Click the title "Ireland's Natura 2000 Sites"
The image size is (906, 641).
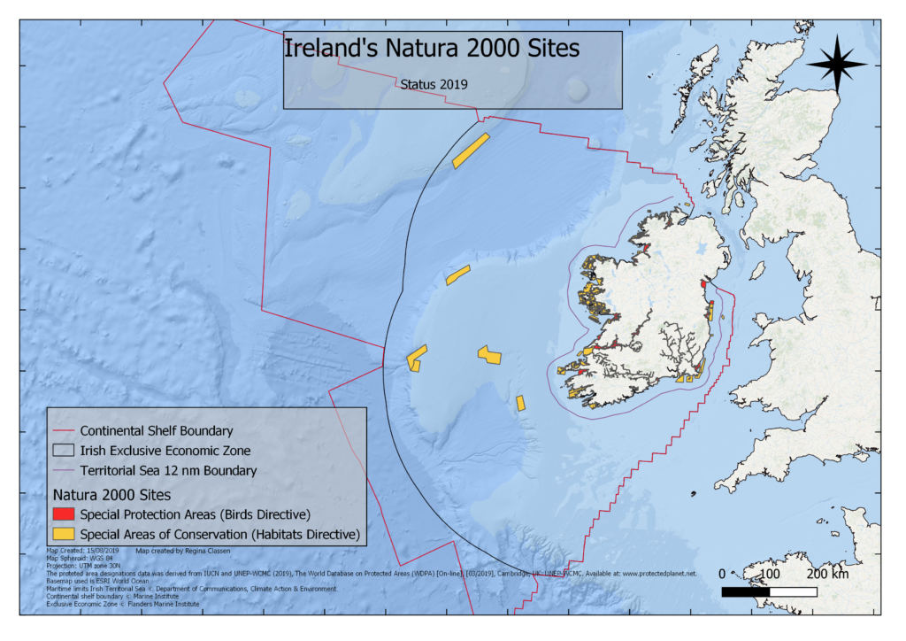coord(431,49)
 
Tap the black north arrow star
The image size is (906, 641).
coord(836,65)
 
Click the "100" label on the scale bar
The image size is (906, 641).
coord(768,575)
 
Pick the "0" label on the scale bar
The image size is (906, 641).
coord(722,575)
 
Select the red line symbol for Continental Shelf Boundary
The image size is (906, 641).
coord(64,431)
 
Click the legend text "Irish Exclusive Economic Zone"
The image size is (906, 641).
coord(165,451)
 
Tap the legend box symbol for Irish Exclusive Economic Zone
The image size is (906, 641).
coord(64,451)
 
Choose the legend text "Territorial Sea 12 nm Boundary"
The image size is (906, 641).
coord(168,470)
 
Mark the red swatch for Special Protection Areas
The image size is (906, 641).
coord(64,514)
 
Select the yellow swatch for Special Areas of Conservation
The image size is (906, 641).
coord(64,535)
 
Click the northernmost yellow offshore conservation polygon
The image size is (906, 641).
coord(471,151)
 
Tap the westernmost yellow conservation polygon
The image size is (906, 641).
coord(416,357)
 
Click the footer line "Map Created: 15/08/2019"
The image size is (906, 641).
coord(82,550)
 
